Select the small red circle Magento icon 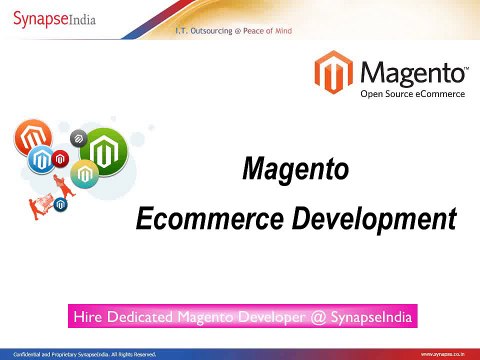[x=61, y=158]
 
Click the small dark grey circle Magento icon [x=79, y=135]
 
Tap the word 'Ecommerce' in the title [x=211, y=216]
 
